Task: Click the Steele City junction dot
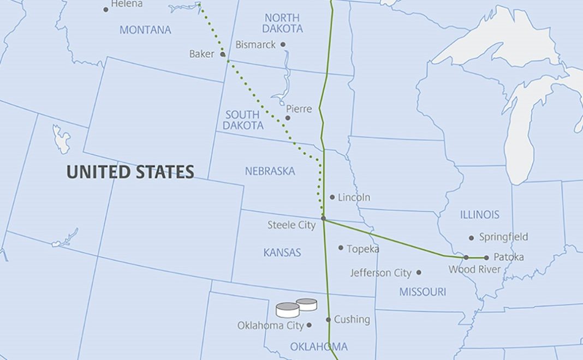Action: point(323,218)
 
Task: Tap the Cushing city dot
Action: point(329,320)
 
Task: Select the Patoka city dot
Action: point(486,257)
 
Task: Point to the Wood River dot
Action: point(466,257)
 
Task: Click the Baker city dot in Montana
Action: point(223,54)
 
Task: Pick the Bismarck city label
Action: point(255,45)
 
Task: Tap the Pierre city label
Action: point(299,109)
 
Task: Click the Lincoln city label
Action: point(354,197)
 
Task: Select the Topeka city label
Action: point(362,249)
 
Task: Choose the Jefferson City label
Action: point(380,273)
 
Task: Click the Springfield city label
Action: point(503,237)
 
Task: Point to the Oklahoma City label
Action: point(270,326)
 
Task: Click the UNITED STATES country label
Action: point(130,172)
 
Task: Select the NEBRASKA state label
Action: point(270,171)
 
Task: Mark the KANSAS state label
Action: point(282,253)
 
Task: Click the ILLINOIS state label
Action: point(479,215)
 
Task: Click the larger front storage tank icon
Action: point(288,310)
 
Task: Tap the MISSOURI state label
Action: point(422,292)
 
